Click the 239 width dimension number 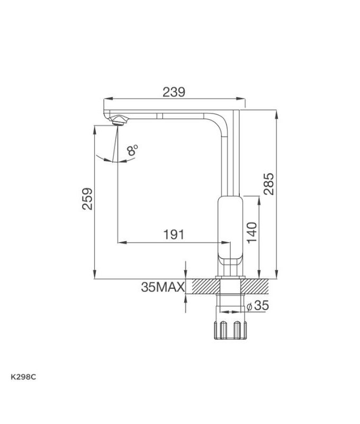(174, 92)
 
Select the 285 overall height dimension (269, 184)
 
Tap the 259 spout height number (87, 199)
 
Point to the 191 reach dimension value (174, 234)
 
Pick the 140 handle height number (252, 233)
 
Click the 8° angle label (132, 150)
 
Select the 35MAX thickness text (163, 287)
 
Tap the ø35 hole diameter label (258, 306)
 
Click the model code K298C (23, 377)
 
